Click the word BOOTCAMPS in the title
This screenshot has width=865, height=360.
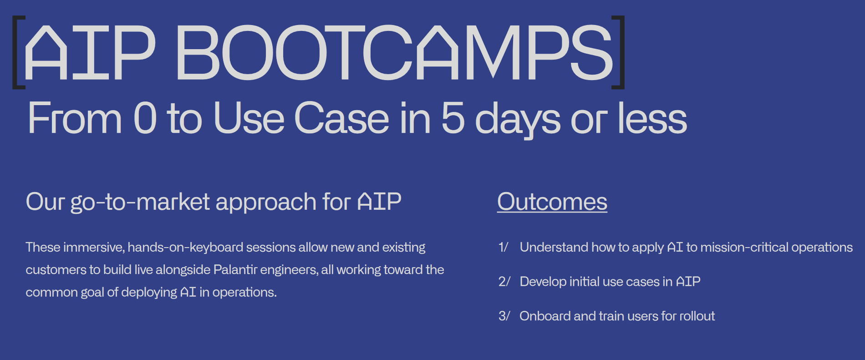tap(394, 52)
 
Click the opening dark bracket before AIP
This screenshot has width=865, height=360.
tap(18, 52)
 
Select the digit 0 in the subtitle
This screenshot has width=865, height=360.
tap(145, 118)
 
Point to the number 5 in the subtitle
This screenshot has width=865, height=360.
tap(453, 118)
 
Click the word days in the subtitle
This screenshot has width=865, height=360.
tap(518, 120)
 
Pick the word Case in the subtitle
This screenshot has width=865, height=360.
tap(342, 118)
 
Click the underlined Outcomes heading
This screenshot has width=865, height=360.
tap(552, 202)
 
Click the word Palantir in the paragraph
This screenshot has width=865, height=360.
tap(235, 269)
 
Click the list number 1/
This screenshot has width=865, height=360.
tap(503, 247)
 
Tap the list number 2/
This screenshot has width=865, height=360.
tap(504, 282)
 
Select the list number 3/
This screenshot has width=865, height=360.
tap(504, 316)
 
